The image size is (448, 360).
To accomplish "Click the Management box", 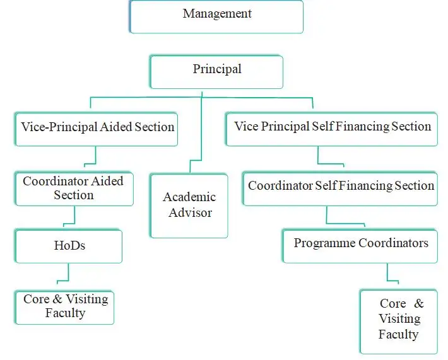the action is point(216,17).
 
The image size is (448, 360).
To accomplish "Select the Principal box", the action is point(216,72).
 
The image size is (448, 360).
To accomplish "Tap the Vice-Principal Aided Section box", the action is point(97,129).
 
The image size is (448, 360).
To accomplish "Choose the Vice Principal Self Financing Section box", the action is point(332,129).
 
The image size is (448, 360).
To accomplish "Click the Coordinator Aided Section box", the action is point(74,189).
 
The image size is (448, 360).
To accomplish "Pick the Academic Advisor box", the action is point(189,206).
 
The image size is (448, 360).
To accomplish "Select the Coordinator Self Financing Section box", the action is point(340,189).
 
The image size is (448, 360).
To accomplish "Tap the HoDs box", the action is point(69,247).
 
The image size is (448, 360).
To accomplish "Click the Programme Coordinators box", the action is point(360,246).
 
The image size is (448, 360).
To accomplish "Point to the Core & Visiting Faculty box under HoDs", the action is point(64,308).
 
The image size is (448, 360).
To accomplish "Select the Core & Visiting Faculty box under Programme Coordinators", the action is point(399,322).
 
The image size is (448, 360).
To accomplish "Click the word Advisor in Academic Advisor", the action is point(191,212).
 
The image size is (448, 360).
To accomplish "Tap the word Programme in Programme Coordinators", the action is point(324,243).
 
